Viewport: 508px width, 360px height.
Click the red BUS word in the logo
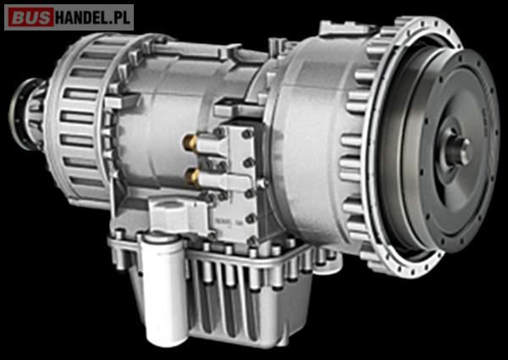(x=30, y=18)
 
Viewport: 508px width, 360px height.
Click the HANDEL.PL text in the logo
(x=93, y=18)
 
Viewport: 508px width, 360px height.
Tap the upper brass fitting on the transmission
(x=190, y=143)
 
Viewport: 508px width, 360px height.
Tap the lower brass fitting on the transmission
(x=192, y=176)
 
